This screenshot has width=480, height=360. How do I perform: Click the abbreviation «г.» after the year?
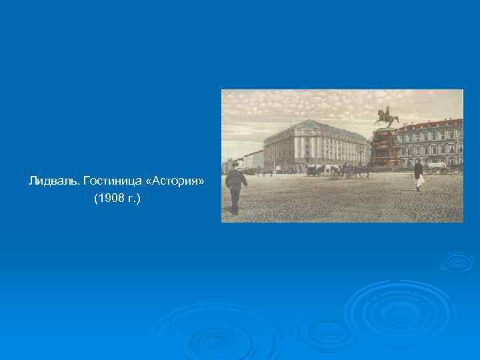[x=135, y=199]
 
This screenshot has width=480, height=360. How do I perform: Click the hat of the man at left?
[x=235, y=164]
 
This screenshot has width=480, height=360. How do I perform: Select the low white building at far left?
[x=252, y=159]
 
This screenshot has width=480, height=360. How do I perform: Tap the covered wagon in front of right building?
[x=437, y=166]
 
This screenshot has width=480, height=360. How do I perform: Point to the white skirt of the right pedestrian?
[x=420, y=180]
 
